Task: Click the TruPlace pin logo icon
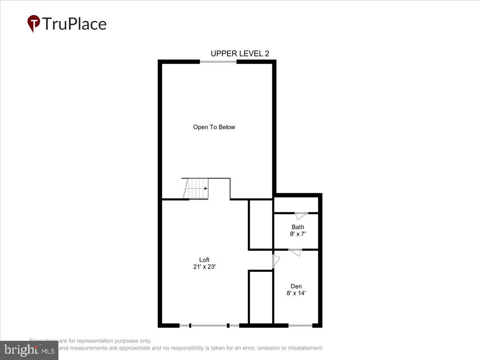tap(34, 23)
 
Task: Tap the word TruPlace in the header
tap(74, 24)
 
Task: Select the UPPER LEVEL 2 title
tap(240, 54)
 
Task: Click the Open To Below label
tap(214, 127)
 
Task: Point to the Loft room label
tap(204, 260)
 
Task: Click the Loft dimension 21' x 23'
tap(204, 267)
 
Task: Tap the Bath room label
tap(298, 227)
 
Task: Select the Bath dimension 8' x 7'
tap(298, 234)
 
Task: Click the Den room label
tap(296, 286)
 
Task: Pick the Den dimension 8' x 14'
tap(296, 293)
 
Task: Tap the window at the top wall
tap(218, 62)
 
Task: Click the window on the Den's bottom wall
tap(300, 326)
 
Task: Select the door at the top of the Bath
tap(301, 216)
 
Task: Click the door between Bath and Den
tap(295, 252)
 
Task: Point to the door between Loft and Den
tap(276, 261)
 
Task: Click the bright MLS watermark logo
tap(29, 350)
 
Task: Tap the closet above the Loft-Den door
tap(261, 224)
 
